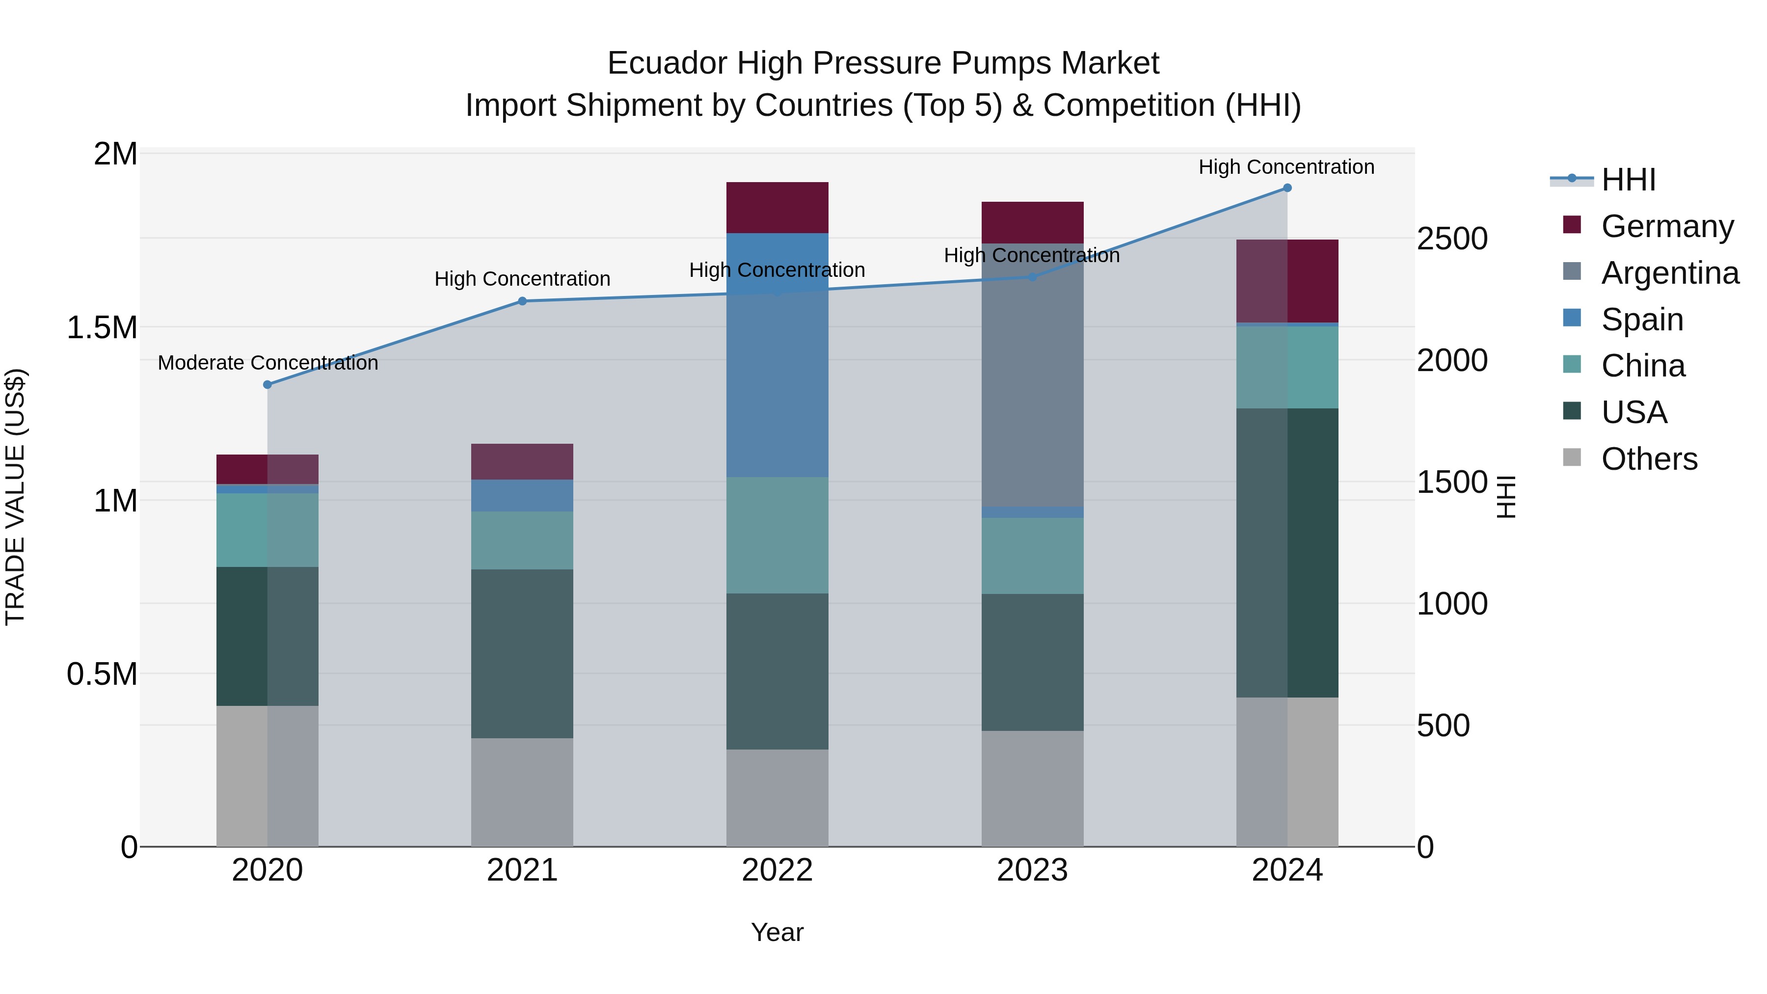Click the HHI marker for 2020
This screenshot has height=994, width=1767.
click(268, 385)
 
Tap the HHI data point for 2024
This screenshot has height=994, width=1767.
click(1287, 188)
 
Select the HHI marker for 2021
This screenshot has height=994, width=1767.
click(522, 301)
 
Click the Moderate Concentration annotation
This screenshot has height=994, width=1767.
click(268, 363)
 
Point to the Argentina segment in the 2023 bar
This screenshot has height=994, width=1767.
click(1032, 375)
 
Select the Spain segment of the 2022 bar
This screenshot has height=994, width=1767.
click(777, 355)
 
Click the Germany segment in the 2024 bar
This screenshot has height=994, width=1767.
click(1287, 281)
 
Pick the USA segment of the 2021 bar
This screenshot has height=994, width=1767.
click(522, 654)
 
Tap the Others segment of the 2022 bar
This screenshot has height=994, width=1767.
click(777, 798)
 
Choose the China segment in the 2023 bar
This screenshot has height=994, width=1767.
click(1032, 556)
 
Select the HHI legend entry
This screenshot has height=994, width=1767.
click(1628, 180)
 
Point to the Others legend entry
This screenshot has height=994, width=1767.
click(1648, 459)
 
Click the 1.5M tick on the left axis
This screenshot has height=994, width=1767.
click(102, 328)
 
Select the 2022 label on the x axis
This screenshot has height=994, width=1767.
click(777, 870)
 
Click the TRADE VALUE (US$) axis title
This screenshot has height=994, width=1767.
click(15, 497)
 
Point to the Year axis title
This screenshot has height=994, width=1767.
click(777, 932)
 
